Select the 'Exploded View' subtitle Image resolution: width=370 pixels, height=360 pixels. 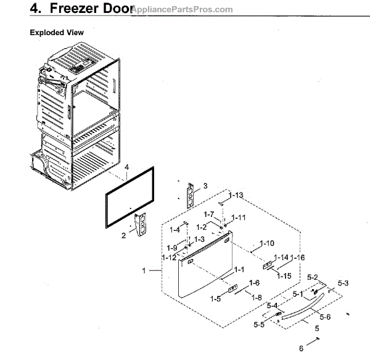[x=57, y=32]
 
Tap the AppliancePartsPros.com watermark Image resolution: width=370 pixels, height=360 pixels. [x=182, y=10]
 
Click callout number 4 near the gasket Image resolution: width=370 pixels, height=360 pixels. [x=126, y=167]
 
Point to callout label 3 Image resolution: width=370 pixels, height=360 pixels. [x=205, y=185]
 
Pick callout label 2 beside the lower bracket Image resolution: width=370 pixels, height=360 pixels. [x=124, y=235]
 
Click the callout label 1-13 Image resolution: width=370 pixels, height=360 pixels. [x=236, y=195]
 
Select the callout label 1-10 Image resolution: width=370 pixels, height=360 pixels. [x=267, y=243]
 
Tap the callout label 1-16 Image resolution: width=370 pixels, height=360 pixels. [x=298, y=257]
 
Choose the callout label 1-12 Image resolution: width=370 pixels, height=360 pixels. [x=169, y=256]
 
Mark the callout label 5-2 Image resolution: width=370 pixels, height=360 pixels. [x=313, y=277]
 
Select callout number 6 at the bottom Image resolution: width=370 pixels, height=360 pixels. [x=301, y=349]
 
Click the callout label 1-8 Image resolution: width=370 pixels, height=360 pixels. [x=257, y=297]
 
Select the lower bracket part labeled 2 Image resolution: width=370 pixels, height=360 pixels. [x=142, y=224]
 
